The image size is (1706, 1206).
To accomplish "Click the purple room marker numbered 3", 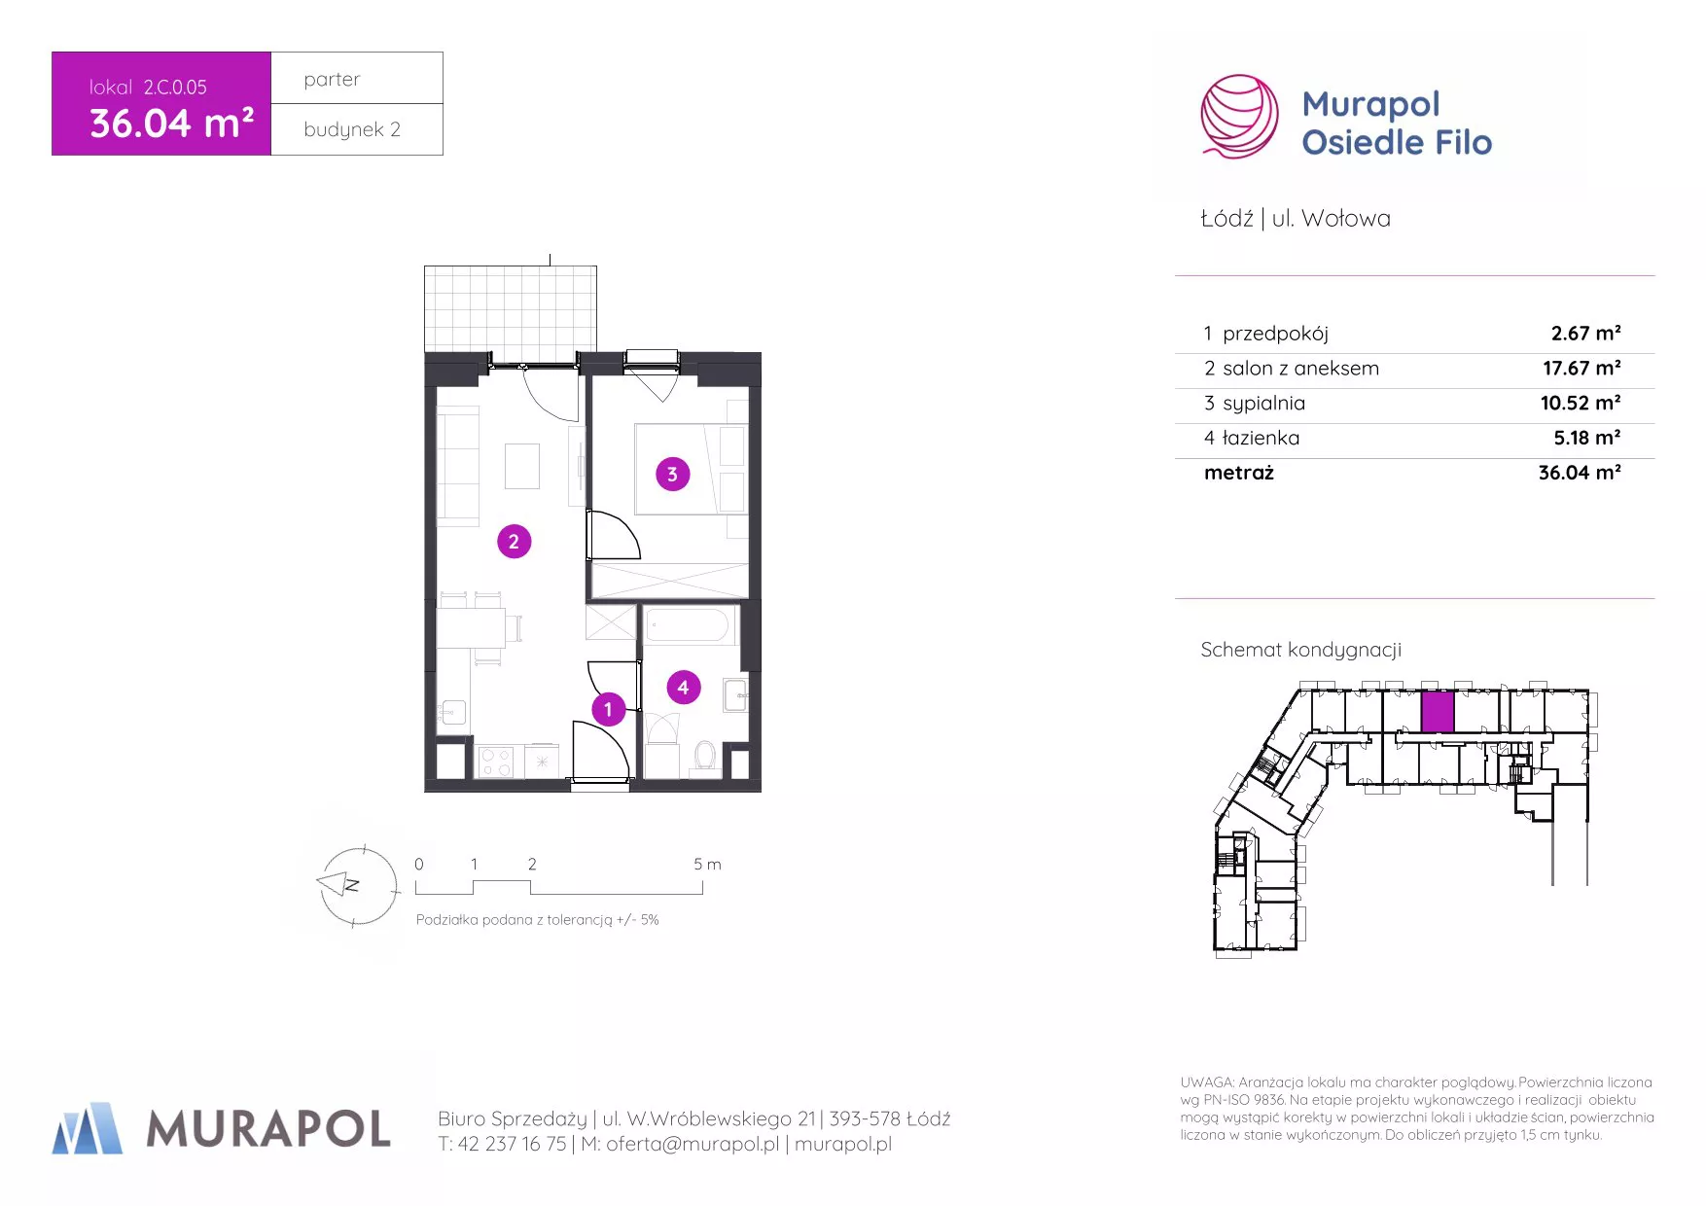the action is [x=672, y=475].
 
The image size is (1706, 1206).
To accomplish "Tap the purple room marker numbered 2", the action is [x=514, y=542].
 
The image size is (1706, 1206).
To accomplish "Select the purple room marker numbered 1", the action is [x=609, y=709].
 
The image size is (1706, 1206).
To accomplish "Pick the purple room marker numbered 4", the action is [x=683, y=688].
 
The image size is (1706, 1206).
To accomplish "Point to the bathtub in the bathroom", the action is [x=688, y=625].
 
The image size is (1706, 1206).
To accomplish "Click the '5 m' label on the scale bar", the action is [x=707, y=864].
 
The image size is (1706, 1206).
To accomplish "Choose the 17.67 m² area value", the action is [x=1582, y=368].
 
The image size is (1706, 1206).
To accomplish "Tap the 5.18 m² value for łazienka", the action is [x=1587, y=438].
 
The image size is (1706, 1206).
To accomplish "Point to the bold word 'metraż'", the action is [x=1239, y=473].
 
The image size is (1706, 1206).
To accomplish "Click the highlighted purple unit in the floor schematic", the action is [x=1437, y=712].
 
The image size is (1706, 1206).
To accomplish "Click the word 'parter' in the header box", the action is [x=332, y=80].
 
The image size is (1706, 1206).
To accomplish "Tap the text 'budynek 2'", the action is [x=352, y=129].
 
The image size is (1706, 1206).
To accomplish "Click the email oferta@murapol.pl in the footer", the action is [x=693, y=1145].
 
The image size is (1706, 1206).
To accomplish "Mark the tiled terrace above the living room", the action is [x=511, y=309].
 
